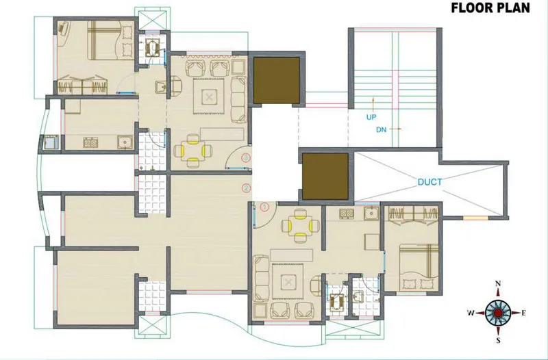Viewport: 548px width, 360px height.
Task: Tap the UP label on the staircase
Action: (x=371, y=117)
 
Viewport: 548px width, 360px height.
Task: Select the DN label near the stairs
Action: (x=371, y=128)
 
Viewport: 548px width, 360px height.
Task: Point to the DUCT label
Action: (x=430, y=182)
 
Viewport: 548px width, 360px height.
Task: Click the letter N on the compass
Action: (x=498, y=284)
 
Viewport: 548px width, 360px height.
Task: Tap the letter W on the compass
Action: (x=471, y=313)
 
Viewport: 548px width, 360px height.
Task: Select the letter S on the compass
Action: (x=498, y=340)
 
